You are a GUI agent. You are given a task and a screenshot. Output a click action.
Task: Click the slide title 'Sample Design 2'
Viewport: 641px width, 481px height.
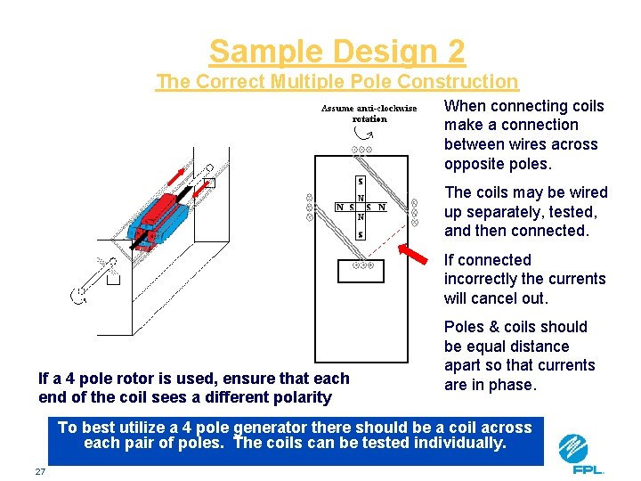337,52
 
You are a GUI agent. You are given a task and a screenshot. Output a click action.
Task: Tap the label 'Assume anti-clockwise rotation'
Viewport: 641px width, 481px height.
369,113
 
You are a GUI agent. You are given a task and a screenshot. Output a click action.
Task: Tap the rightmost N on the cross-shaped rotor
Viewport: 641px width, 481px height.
381,208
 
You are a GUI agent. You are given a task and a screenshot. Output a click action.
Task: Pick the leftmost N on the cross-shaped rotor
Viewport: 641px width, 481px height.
340,208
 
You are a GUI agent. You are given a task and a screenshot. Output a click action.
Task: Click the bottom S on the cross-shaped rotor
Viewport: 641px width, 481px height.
360,235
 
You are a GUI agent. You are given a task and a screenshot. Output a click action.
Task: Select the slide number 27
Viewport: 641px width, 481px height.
40,470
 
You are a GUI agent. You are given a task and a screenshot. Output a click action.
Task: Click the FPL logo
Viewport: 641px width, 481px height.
580,454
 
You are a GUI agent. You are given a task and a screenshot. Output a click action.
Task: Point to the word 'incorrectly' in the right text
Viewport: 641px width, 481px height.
482,279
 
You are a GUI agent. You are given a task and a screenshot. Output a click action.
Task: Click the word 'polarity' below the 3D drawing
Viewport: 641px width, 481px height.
301,397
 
